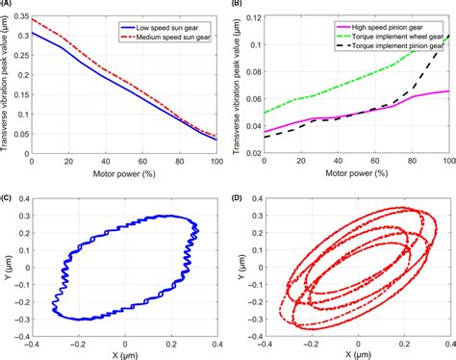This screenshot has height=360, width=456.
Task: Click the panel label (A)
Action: (x=8, y=5)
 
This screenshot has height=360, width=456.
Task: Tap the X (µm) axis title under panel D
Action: (x=344, y=352)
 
